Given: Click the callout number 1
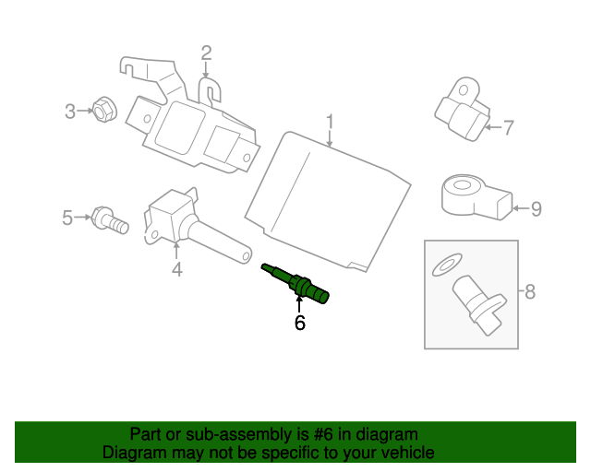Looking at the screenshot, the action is coord(330,121).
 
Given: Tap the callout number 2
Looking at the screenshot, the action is coord(206,53).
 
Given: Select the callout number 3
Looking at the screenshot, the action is coord(70,112).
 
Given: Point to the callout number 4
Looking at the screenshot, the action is coord(177,269).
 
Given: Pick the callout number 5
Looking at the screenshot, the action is coord(67,218).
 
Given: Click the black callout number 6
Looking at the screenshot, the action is coord(300,323).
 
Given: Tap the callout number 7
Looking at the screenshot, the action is coord(509,127).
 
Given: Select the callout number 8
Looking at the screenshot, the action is coord(530,291).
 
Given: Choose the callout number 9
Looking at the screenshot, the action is coord(537,209).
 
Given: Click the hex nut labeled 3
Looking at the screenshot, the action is coord(104,109).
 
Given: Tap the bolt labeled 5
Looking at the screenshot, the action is coord(110,220).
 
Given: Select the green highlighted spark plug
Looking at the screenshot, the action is coord(295,283).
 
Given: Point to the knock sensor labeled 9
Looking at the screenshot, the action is coord(476,196).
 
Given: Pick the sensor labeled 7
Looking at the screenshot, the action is coord(463,109).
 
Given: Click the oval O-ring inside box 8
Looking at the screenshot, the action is coord(447,265).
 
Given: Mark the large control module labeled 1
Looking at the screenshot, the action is coord(328,201).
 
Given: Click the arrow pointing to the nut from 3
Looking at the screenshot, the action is coord(85,111).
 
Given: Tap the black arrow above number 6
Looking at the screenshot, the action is coord(299,304).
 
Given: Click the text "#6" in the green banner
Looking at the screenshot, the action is coord(323,434).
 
